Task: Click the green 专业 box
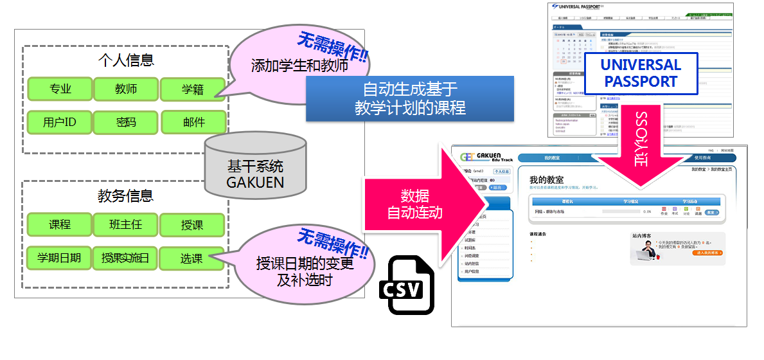(x=60, y=89)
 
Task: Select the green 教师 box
(x=126, y=89)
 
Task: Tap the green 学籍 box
(x=192, y=89)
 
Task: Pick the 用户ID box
(x=60, y=122)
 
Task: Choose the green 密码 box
(x=126, y=122)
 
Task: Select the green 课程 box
(x=60, y=225)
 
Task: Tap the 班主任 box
(x=126, y=225)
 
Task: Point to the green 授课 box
(x=192, y=225)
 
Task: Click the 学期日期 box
(x=59, y=258)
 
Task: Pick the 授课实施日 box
(x=125, y=258)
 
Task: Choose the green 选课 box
(x=191, y=258)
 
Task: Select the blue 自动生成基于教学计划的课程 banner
(x=410, y=98)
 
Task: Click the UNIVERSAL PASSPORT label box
(x=640, y=73)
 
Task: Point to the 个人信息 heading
(x=126, y=61)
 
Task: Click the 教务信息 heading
(x=126, y=197)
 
